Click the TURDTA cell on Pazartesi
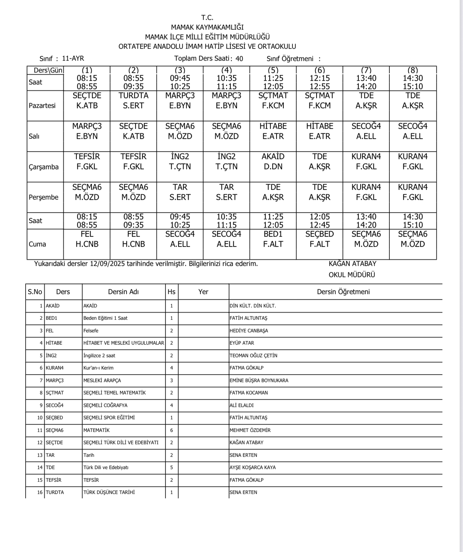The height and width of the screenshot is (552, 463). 133,101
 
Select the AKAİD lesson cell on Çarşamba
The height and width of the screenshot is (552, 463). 273,161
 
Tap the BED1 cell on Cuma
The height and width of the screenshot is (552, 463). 273,239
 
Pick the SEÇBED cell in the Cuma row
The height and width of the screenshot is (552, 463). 319,239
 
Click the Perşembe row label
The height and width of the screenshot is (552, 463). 44,197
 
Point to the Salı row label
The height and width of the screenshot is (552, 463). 34,136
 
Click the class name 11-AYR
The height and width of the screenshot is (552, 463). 73,58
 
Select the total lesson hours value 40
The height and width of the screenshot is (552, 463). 239,59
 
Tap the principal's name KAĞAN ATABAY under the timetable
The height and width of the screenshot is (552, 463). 347,264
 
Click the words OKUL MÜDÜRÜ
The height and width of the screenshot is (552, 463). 347,275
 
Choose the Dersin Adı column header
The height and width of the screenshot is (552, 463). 123,292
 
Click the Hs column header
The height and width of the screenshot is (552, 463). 172,292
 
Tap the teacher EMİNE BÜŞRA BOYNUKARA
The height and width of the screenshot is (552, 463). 259,381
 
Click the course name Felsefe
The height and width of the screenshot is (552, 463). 91,331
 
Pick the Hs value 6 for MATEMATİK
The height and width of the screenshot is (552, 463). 172,430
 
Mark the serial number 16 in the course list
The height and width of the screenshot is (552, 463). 40,492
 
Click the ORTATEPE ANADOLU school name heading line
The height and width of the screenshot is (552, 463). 207,47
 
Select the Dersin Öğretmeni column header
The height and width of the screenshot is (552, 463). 343,292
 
